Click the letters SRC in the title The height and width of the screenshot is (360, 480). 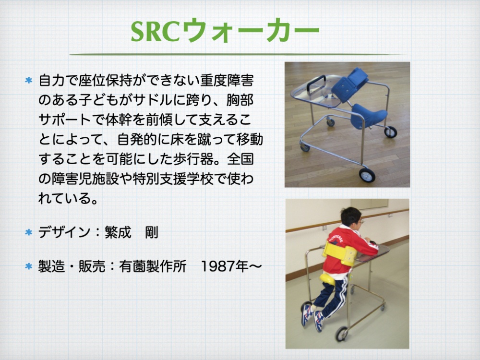[x=155, y=32]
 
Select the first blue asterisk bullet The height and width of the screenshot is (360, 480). [x=28, y=81]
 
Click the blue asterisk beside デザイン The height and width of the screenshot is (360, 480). [x=28, y=232]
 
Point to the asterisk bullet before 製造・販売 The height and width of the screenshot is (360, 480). [x=28, y=266]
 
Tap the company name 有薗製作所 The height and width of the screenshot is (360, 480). [x=153, y=266]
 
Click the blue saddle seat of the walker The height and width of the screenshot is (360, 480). [x=368, y=115]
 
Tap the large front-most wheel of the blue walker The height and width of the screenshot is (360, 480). [x=367, y=175]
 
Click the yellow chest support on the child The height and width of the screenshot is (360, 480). [x=339, y=253]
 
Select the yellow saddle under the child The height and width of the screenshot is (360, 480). [x=327, y=279]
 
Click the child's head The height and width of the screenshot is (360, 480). [x=351, y=218]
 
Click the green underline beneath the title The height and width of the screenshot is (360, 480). [x=236, y=55]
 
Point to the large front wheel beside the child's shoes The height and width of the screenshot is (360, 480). [x=341, y=334]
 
